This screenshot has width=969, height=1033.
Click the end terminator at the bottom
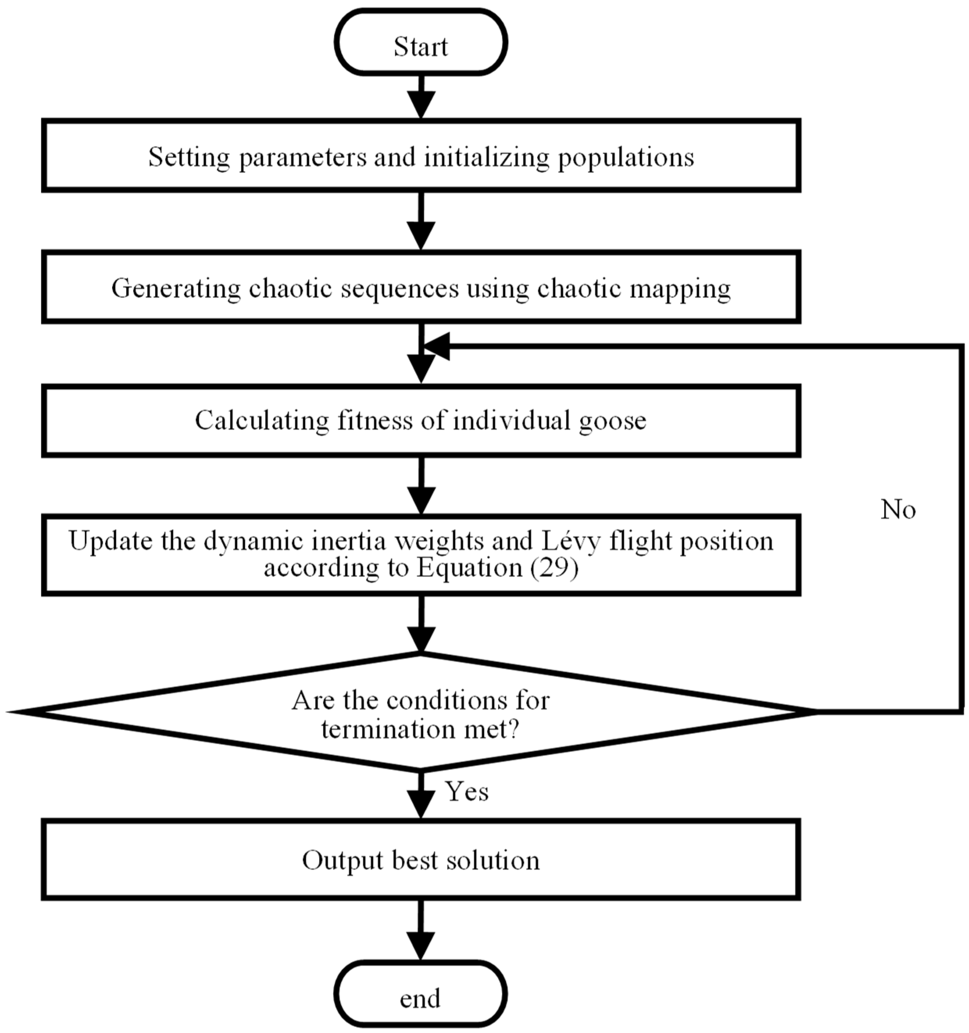tap(420, 998)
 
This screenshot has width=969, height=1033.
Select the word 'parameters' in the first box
tap(302, 158)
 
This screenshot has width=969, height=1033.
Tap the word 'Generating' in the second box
tap(176, 289)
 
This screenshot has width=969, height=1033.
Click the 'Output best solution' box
tap(420, 860)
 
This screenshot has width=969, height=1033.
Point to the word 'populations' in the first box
tap(626, 158)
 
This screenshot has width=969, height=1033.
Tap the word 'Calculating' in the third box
tap(262, 420)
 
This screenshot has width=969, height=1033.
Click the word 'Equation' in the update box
tap(469, 567)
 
